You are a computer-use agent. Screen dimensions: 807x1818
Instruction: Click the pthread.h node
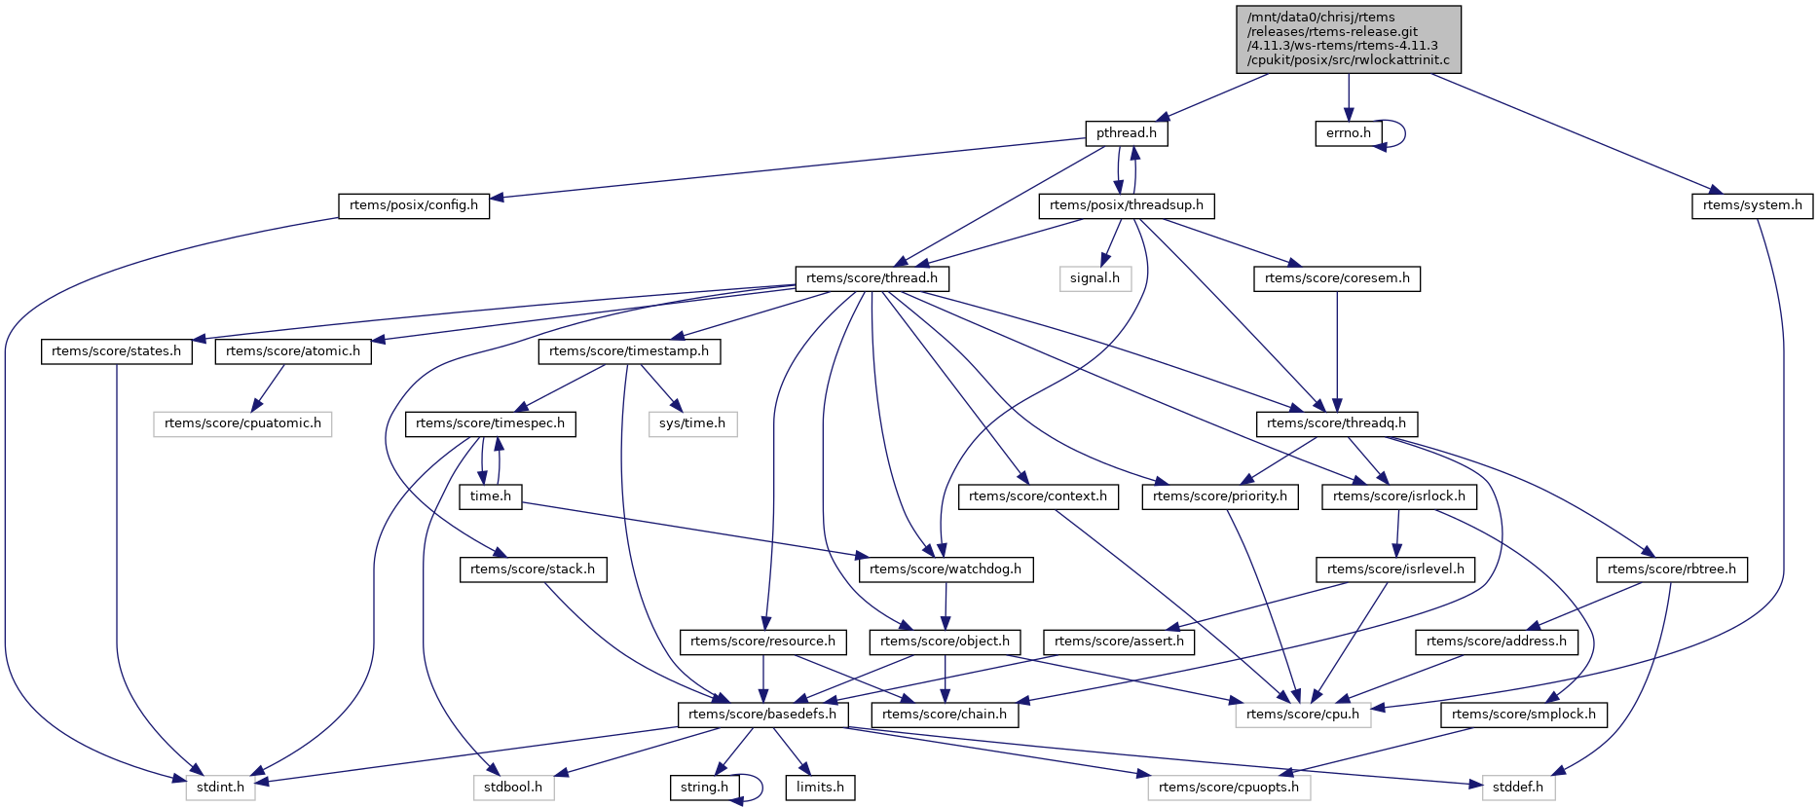pyautogui.click(x=1126, y=133)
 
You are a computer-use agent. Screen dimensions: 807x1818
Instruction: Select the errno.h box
pyautogui.click(x=1348, y=133)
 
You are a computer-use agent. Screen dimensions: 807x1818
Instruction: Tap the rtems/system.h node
pyautogui.click(x=1752, y=205)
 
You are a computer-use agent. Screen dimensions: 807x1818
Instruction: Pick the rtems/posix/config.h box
pyautogui.click(x=414, y=205)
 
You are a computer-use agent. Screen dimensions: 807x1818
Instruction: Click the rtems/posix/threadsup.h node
pyautogui.click(x=1127, y=205)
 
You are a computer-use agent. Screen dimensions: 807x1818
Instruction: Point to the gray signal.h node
pyautogui.click(x=1095, y=278)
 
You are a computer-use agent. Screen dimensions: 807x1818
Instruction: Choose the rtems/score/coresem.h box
pyautogui.click(x=1337, y=278)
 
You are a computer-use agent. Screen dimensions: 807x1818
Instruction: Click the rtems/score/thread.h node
pyautogui.click(x=872, y=278)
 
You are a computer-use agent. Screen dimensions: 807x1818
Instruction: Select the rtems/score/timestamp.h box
pyautogui.click(x=629, y=351)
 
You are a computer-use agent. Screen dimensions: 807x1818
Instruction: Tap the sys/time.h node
pyautogui.click(x=692, y=423)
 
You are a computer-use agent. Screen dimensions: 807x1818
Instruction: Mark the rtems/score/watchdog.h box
pyautogui.click(x=945, y=569)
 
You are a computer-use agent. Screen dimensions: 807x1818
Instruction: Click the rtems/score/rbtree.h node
pyautogui.click(x=1671, y=569)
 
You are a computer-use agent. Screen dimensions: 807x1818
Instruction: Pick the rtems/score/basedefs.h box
pyautogui.click(x=762, y=715)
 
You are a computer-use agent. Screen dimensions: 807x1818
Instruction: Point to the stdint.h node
pyautogui.click(x=220, y=788)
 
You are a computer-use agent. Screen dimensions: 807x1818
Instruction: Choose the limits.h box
pyautogui.click(x=820, y=788)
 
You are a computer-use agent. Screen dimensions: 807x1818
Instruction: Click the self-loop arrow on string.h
pyautogui.click(x=761, y=787)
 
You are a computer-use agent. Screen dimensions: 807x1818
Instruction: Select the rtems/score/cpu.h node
pyautogui.click(x=1303, y=715)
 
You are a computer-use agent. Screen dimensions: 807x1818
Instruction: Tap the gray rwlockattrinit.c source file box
pyautogui.click(x=1348, y=39)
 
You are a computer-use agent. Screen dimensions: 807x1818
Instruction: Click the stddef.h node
pyautogui.click(x=1518, y=788)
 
